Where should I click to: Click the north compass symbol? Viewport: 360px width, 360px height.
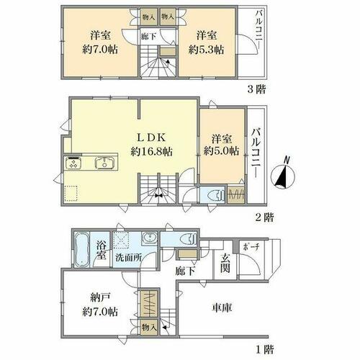(283, 174)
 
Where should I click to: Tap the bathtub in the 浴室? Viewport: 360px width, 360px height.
(81, 250)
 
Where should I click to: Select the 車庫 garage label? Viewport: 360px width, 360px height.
(222, 307)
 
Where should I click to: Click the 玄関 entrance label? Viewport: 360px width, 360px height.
(225, 263)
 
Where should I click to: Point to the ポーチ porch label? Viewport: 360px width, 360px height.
(251, 247)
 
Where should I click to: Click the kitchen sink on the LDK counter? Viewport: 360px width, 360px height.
(104, 163)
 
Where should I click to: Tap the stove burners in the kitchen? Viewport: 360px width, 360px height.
(73, 163)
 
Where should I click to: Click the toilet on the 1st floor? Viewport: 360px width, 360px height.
(189, 239)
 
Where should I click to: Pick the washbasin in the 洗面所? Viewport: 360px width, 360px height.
(150, 238)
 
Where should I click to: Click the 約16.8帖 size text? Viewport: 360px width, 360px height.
(152, 151)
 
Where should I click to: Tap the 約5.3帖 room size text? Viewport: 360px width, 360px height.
(206, 50)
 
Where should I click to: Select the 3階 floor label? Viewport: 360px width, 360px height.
(256, 89)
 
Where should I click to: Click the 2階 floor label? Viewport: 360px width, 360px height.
(264, 217)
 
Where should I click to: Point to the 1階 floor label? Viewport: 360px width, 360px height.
(264, 349)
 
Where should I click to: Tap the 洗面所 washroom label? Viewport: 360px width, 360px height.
(128, 258)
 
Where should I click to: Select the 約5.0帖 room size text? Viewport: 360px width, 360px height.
(221, 150)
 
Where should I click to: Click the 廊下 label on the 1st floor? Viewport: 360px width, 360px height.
(184, 271)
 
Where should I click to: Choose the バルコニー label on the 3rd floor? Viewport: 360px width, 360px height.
(259, 30)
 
